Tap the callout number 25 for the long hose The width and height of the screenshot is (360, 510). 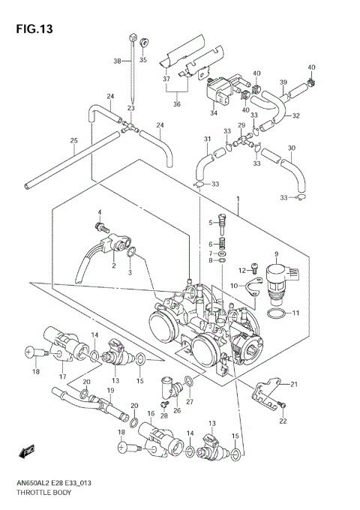pos(74,141)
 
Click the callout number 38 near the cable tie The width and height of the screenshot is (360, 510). pos(117,61)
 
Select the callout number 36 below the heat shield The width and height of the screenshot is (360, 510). pos(177,104)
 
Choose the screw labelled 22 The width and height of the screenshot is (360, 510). pos(281,406)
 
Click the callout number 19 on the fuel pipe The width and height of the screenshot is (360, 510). pos(110,391)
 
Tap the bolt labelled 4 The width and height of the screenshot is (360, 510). pos(98,225)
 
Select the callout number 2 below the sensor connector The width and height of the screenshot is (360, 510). pos(114,265)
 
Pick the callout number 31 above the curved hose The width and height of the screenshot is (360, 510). pos(207,139)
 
